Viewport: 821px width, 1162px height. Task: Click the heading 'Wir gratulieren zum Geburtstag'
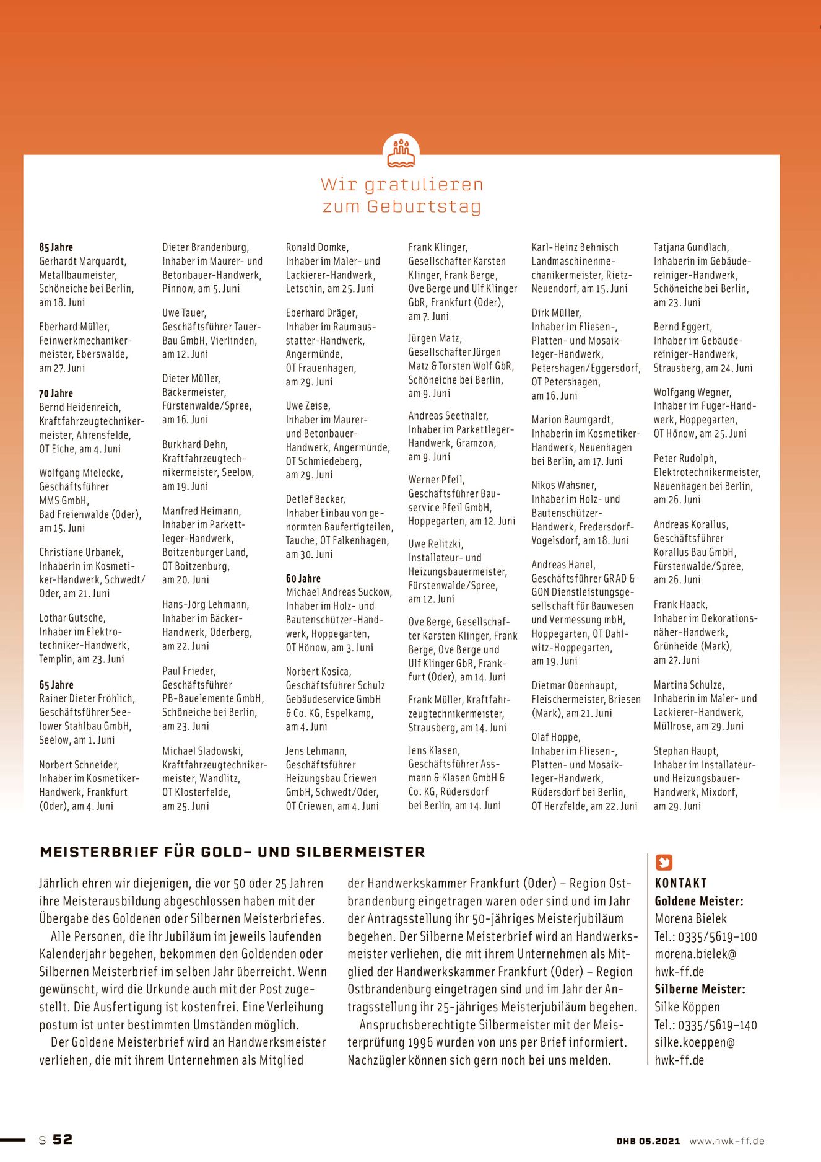402,195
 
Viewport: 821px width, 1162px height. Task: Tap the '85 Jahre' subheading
56,247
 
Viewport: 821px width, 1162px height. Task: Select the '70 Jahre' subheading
56,394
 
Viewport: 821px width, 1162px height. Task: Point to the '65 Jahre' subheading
56,685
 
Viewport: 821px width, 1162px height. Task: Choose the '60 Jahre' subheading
303,578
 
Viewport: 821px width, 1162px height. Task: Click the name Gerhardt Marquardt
83,261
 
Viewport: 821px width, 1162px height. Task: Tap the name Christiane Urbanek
81,552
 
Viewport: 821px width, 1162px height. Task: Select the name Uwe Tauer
185,313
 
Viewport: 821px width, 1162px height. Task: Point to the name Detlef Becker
316,499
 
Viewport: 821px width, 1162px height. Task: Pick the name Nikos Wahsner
564,485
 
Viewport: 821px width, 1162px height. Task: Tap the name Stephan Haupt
686,751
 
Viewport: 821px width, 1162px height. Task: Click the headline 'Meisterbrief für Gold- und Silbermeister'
233,852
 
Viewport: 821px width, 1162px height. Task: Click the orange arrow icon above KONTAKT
664,862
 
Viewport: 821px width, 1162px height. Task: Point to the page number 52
63,1140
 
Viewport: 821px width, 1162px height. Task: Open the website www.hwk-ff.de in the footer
727,1141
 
